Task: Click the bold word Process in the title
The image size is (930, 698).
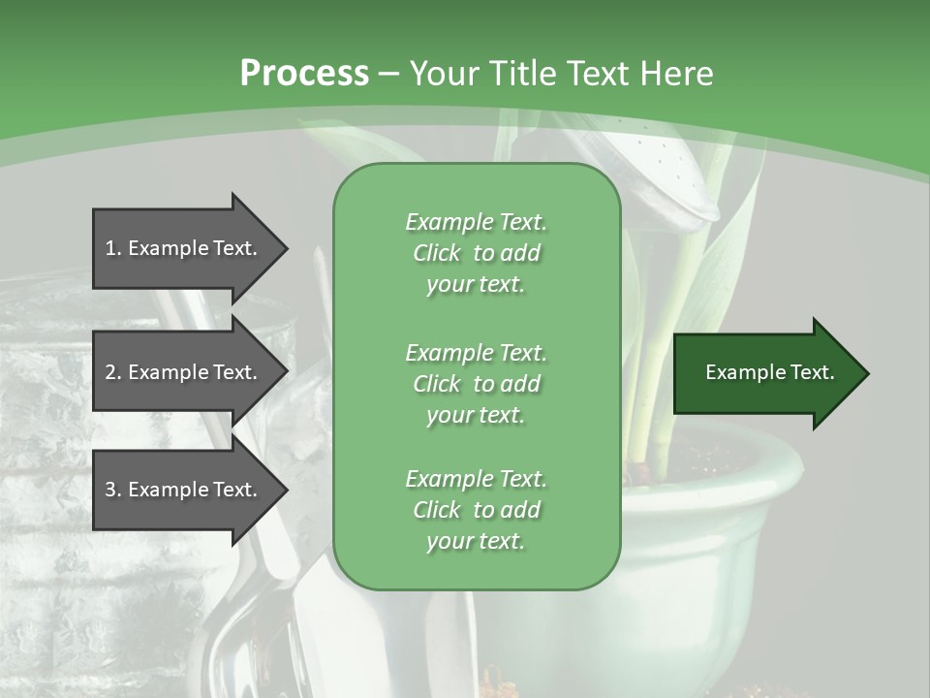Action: point(304,74)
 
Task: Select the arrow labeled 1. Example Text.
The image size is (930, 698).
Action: point(184,248)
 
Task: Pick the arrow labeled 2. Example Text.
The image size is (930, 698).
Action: point(184,372)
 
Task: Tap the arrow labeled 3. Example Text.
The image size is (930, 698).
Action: point(184,490)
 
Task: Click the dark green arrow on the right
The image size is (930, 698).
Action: point(765,373)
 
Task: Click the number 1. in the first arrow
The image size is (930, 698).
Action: point(113,248)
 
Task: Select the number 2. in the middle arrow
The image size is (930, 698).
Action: point(113,372)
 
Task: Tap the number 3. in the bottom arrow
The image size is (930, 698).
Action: point(113,490)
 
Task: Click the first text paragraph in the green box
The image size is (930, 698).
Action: point(476,253)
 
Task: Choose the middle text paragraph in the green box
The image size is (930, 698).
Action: point(476,383)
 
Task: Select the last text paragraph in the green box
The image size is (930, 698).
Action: point(476,510)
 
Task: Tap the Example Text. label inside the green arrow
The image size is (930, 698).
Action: point(769,372)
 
